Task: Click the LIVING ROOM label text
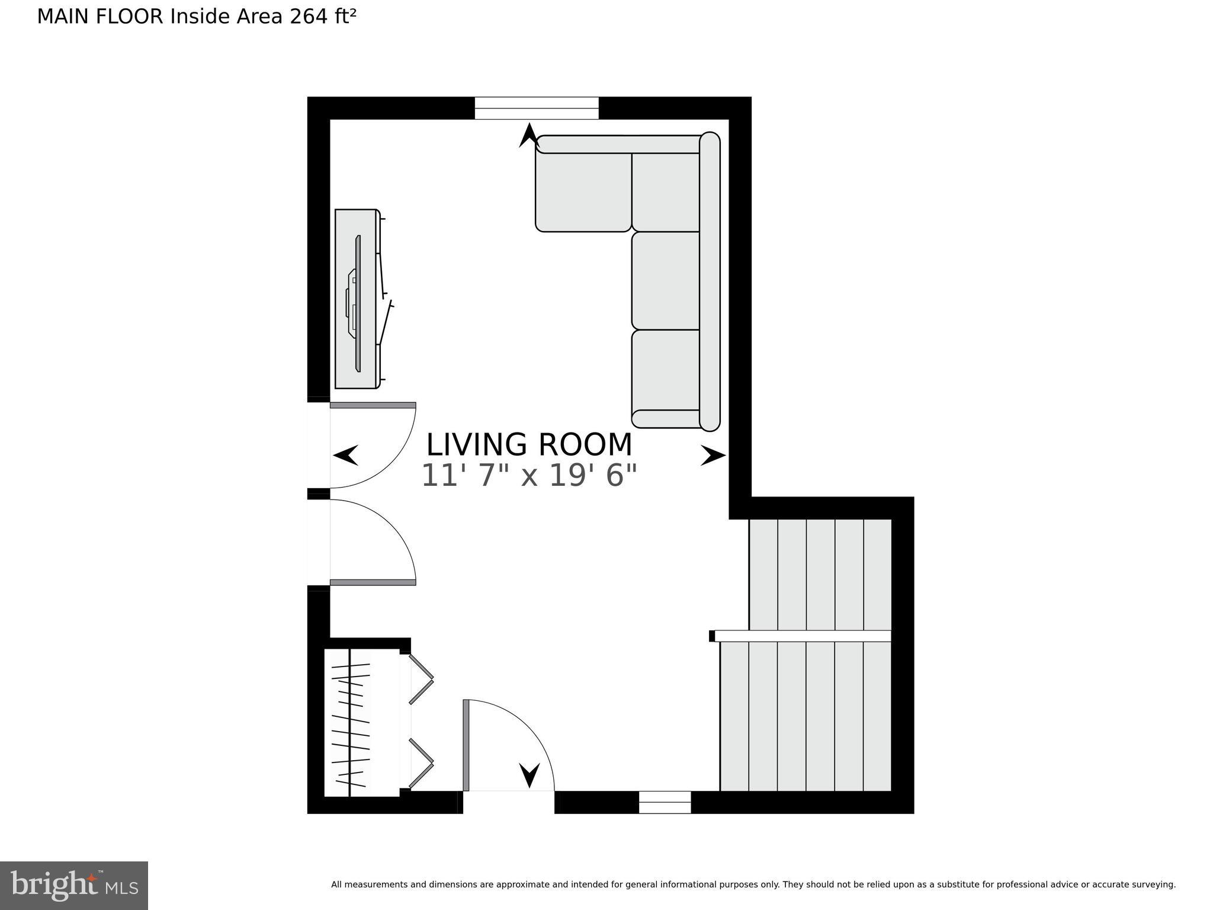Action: (x=529, y=445)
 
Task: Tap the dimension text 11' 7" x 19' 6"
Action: (x=529, y=475)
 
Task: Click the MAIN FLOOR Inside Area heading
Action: (x=196, y=17)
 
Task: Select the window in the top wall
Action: (x=537, y=108)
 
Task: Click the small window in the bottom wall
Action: (x=665, y=802)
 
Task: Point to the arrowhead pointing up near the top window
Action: (x=528, y=135)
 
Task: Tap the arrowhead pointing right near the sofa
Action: (x=713, y=456)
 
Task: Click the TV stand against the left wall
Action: (x=356, y=299)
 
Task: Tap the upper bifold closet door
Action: (x=421, y=678)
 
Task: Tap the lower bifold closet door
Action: (x=421, y=764)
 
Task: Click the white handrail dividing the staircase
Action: (x=803, y=636)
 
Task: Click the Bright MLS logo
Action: (x=74, y=885)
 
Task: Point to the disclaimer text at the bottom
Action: (x=753, y=885)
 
